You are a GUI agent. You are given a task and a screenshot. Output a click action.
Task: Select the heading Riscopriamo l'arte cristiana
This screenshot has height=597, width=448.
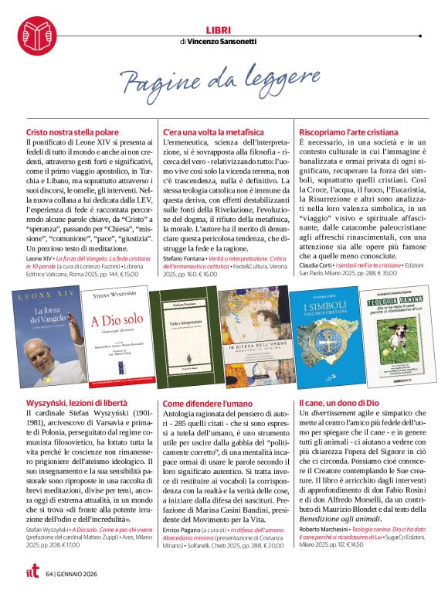(x=347, y=133)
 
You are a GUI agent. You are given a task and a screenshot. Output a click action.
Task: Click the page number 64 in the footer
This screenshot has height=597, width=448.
(x=49, y=574)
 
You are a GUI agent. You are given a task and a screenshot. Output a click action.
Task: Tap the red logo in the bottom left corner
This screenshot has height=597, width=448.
(x=28, y=573)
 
